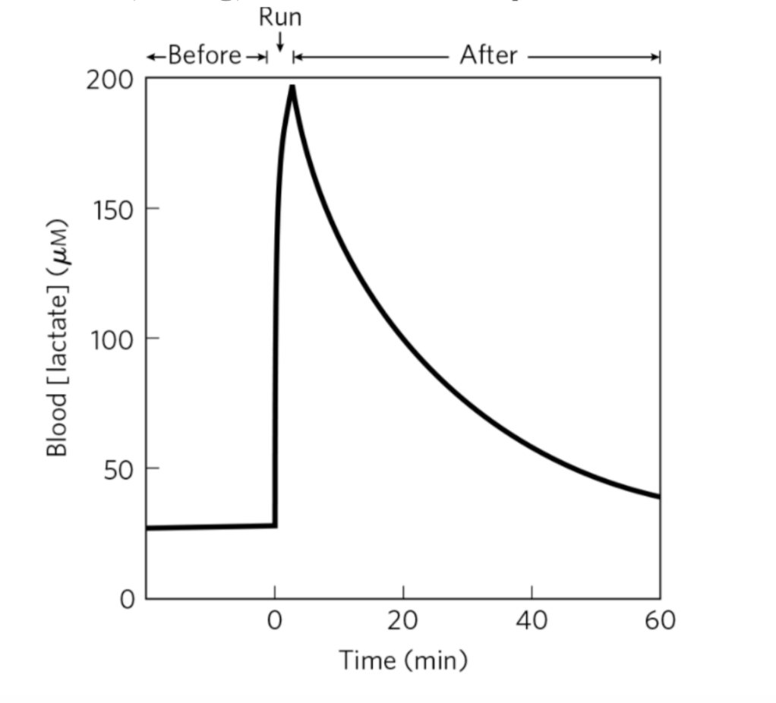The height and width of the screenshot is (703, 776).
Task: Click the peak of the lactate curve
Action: click(x=292, y=87)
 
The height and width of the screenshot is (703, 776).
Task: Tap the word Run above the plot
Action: click(x=280, y=17)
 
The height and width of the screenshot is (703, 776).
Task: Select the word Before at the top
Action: click(x=204, y=55)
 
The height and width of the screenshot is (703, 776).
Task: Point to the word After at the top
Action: click(x=487, y=55)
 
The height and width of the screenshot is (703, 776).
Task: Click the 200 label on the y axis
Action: click(x=108, y=79)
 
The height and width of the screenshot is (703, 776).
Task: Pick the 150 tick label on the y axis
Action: click(x=108, y=209)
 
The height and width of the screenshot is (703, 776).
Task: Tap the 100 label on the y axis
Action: click(x=108, y=339)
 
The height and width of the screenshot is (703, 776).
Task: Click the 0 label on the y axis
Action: click(x=126, y=599)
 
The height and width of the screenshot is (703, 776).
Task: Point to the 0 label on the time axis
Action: click(x=275, y=621)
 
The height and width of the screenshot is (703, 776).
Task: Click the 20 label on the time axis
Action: click(x=403, y=621)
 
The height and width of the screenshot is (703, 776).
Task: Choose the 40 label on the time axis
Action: click(x=532, y=621)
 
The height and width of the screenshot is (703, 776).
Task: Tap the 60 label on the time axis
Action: click(x=660, y=621)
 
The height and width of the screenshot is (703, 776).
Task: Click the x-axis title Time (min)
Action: click(x=402, y=660)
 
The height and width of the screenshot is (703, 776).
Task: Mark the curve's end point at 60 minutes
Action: click(x=658, y=497)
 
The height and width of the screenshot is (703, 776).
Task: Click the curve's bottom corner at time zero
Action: click(x=274, y=525)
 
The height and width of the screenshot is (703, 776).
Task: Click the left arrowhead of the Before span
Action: click(x=151, y=56)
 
